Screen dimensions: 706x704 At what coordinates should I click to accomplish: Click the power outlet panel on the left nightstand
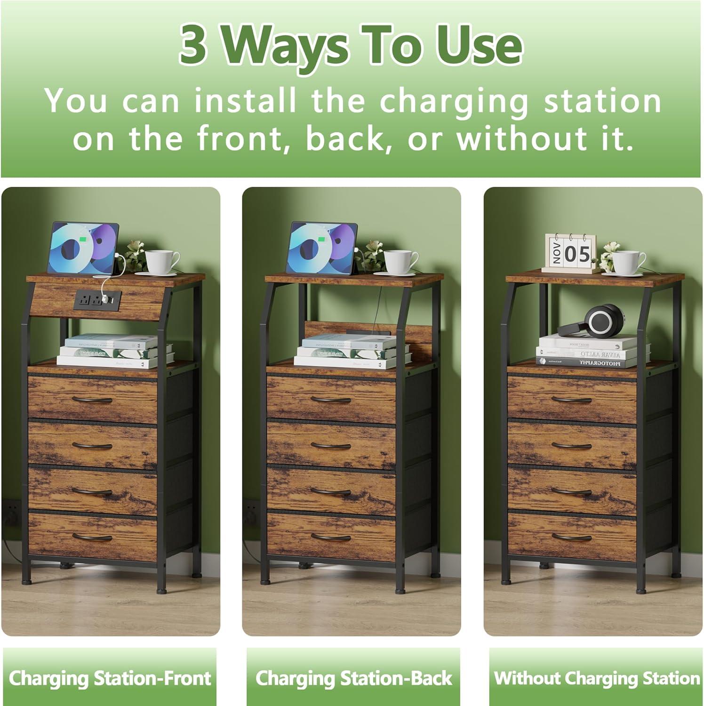tap(97, 298)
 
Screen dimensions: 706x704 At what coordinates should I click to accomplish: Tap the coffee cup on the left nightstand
tap(161, 262)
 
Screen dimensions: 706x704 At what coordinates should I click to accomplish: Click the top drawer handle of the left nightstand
tap(92, 400)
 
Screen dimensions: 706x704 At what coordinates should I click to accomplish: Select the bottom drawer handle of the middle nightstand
tap(331, 537)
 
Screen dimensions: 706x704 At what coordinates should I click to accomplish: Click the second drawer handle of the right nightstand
tap(571, 446)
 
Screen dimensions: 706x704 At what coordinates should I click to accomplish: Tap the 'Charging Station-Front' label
tap(110, 678)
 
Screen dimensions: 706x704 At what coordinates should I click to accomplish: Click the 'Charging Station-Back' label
tap(353, 678)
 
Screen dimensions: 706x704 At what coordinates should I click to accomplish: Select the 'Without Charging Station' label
tap(596, 678)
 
